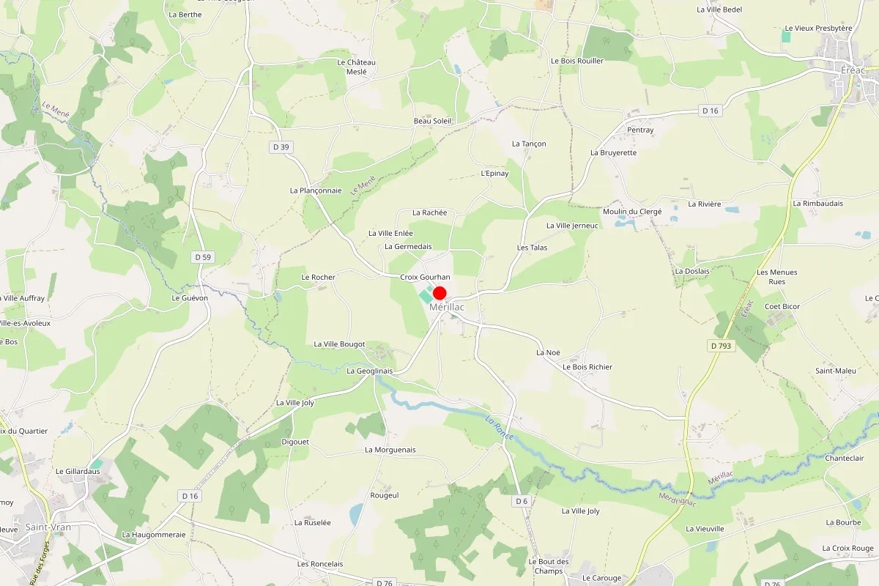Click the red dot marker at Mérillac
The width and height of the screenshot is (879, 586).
click(x=440, y=293)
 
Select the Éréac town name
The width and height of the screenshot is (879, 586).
click(x=853, y=70)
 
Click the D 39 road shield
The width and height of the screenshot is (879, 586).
click(x=281, y=147)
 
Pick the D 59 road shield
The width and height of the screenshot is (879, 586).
click(x=203, y=257)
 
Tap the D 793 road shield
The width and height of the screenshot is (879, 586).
click(x=722, y=345)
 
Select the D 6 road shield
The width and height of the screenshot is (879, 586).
click(x=521, y=501)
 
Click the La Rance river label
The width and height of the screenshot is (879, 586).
click(x=500, y=428)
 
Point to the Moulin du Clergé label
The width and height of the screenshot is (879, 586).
click(x=632, y=212)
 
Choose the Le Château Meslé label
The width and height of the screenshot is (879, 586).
click(x=356, y=67)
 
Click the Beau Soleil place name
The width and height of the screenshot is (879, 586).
click(x=433, y=121)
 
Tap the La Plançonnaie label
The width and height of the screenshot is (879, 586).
click(x=316, y=190)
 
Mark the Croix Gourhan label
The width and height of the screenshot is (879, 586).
click(x=425, y=278)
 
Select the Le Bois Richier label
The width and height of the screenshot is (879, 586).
click(x=587, y=367)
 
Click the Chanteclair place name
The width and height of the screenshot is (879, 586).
click(x=845, y=459)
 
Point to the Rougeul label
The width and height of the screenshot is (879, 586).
click(x=385, y=495)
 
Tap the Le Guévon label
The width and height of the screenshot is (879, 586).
click(x=190, y=298)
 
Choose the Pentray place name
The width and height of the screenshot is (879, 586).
click(x=640, y=130)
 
